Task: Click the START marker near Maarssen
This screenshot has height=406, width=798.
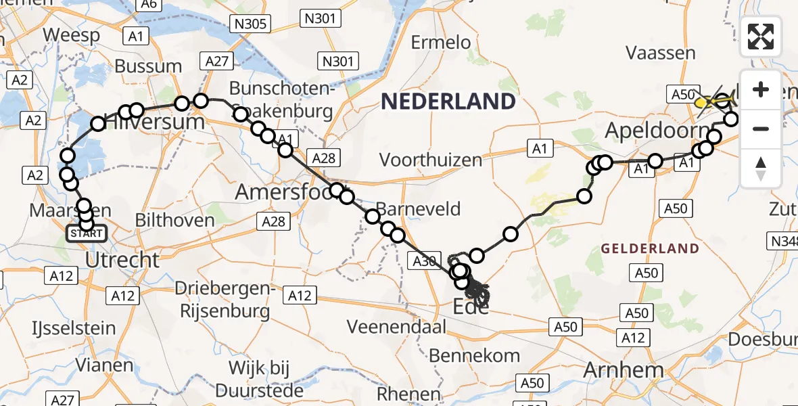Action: tap(87, 234)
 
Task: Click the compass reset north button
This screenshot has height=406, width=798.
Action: tap(761, 168)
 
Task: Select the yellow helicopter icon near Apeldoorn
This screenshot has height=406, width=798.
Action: tap(707, 102)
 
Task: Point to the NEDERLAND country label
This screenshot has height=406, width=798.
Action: tap(448, 101)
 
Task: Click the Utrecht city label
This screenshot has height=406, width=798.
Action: tap(124, 259)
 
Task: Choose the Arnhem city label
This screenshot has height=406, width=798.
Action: tap(623, 370)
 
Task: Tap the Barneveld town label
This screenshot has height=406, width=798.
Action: tap(419, 209)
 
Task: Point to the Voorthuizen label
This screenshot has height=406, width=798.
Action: tap(431, 160)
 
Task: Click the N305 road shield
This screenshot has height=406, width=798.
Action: tap(251, 25)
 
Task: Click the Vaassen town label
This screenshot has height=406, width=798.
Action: tap(661, 53)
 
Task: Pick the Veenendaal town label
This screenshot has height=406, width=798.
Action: tap(397, 327)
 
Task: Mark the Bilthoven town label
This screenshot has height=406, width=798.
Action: tap(174, 219)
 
